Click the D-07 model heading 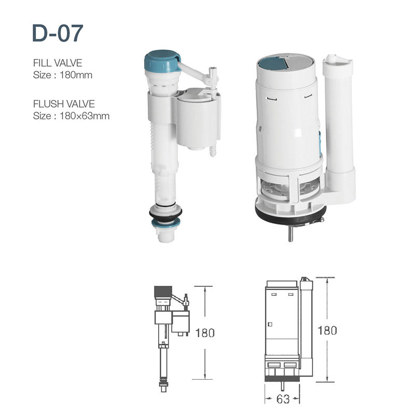point(58,33)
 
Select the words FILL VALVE point(58,63)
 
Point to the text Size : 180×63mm point(71,116)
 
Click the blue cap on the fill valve point(161,60)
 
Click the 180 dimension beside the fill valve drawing point(205,333)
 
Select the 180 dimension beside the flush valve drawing point(327,330)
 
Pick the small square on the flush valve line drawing point(270,324)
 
